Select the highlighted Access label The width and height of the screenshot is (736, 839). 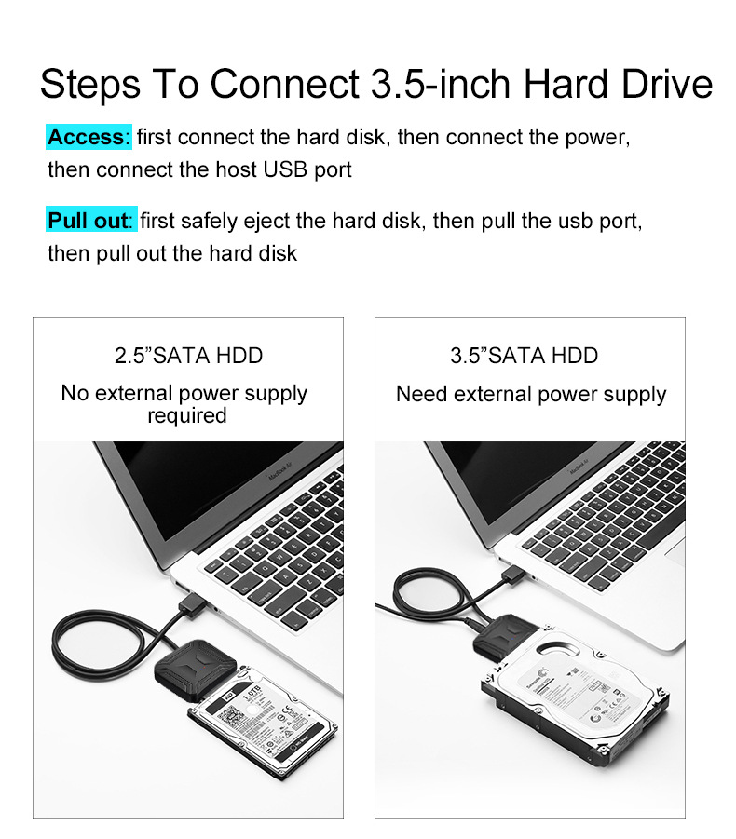87,138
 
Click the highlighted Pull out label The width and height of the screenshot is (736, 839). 89,221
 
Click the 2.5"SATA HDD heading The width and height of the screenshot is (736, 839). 188,356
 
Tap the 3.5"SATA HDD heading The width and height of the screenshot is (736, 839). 524,356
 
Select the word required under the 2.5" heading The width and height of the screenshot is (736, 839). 186,415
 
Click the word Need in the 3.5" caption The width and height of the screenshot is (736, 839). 421,394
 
